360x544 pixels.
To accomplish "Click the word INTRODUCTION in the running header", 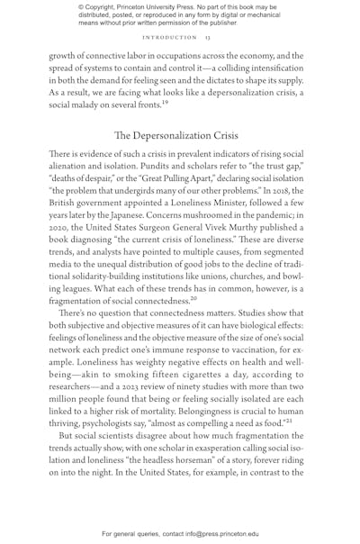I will [168, 38].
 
